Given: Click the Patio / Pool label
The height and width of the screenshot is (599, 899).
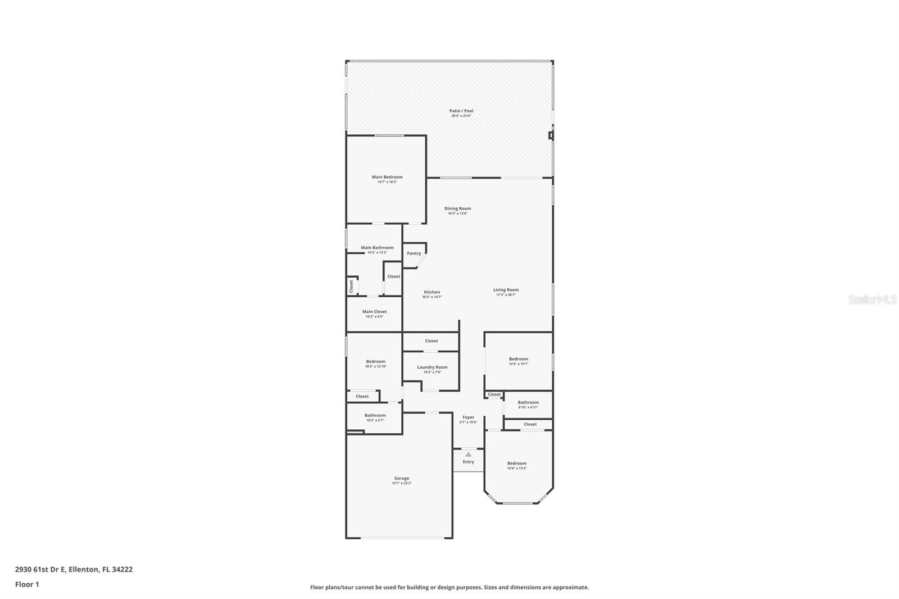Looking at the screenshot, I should coord(461,111).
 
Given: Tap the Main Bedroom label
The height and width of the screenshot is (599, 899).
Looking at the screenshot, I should coord(387,177).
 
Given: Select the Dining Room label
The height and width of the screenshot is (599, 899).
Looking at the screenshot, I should coord(457,208).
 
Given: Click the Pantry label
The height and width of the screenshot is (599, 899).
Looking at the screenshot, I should coord(414,253).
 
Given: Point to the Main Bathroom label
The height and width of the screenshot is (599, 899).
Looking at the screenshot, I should coord(377,247).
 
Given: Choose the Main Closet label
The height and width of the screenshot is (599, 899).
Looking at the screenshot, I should coord(374,312).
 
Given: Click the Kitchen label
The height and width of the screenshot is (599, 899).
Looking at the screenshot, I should coord(432,292).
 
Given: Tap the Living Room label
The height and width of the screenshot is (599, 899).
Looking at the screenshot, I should coord(506,290).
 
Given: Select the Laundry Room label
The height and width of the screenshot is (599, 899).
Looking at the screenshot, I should coord(432,367).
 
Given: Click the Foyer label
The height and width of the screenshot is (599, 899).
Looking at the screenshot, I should coord(468,418).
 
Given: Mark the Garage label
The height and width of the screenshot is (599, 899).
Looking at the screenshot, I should coord(402,479).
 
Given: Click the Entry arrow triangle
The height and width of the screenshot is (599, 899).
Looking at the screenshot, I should coord(468,454).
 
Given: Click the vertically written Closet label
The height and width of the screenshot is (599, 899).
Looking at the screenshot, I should coord(352,287).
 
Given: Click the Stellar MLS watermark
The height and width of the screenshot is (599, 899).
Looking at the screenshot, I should coord(872,300).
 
